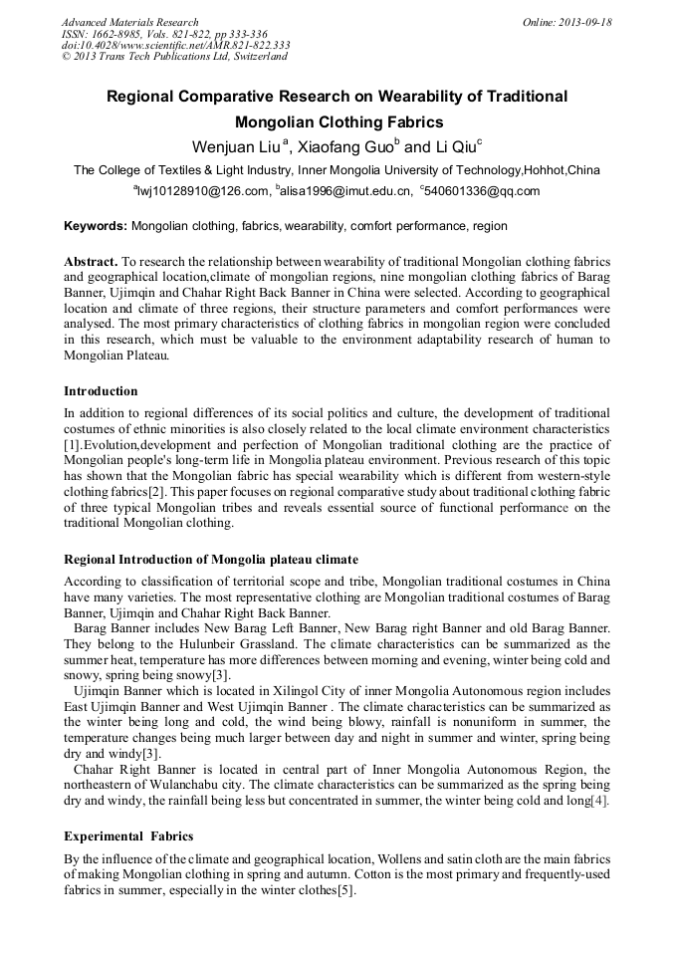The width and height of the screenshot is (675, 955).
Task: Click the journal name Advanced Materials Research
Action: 129,22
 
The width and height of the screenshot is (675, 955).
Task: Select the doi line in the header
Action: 175,45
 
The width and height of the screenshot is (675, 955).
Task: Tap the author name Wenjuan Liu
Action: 236,146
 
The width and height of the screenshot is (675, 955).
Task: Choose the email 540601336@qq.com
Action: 482,191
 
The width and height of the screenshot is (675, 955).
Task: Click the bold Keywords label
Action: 95,227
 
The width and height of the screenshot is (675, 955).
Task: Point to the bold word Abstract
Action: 91,261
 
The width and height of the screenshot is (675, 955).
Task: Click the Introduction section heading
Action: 101,390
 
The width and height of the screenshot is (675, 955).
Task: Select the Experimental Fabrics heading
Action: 128,836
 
